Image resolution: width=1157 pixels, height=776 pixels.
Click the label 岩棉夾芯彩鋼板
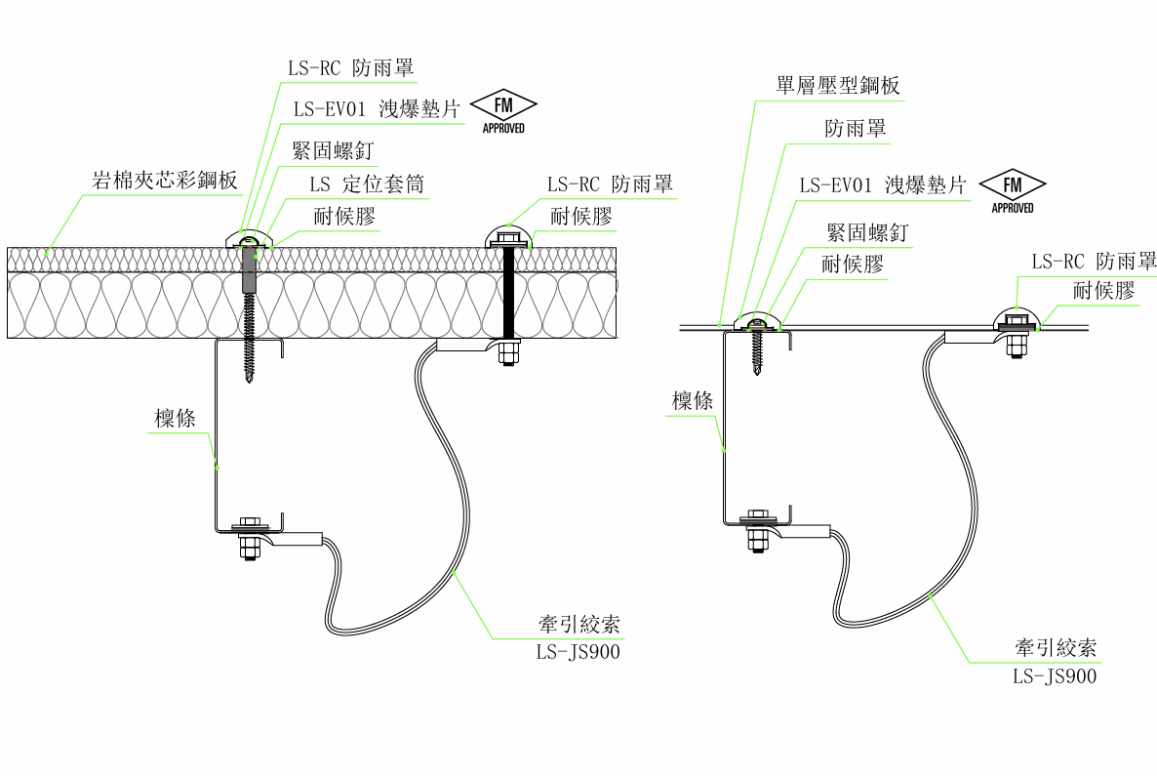(165, 181)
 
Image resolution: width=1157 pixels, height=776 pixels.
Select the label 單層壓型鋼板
(837, 86)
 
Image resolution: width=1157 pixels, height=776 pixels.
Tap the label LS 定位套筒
(367, 184)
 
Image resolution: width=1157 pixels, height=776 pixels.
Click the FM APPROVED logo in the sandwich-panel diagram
(504, 111)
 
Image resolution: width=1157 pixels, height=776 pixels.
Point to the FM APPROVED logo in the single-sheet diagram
(1013, 191)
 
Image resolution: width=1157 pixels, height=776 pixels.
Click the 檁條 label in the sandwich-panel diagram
(175, 419)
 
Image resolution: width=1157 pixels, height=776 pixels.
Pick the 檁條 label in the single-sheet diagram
(692, 401)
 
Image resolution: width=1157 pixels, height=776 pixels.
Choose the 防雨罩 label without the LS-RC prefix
(856, 129)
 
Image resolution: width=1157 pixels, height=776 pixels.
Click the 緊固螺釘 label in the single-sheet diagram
(867, 232)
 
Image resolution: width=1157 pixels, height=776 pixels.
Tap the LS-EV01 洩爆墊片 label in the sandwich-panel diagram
(378, 109)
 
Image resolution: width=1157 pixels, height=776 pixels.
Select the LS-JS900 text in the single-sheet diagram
(1055, 676)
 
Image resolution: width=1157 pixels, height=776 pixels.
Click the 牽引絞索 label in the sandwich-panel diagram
(579, 625)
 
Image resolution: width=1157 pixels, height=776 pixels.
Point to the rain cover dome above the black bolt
(507, 236)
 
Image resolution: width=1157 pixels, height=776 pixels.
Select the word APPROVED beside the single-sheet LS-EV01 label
(1013, 208)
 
